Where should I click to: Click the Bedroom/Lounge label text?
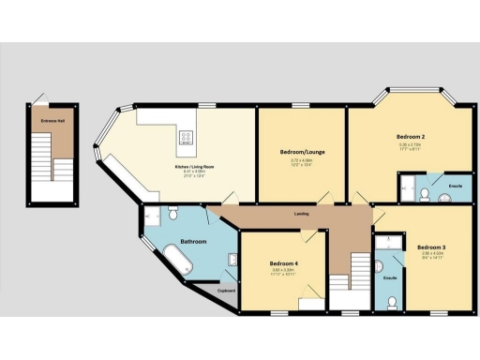point(302,151)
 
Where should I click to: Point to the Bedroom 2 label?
point(411,137)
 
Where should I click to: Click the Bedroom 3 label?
point(432,247)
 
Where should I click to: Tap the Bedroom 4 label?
point(284,264)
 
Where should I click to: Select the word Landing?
point(302,215)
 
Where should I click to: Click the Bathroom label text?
point(193,242)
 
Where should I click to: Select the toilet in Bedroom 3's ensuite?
point(391,302)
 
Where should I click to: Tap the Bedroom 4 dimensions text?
point(284,273)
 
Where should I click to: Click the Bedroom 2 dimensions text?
point(411,145)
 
